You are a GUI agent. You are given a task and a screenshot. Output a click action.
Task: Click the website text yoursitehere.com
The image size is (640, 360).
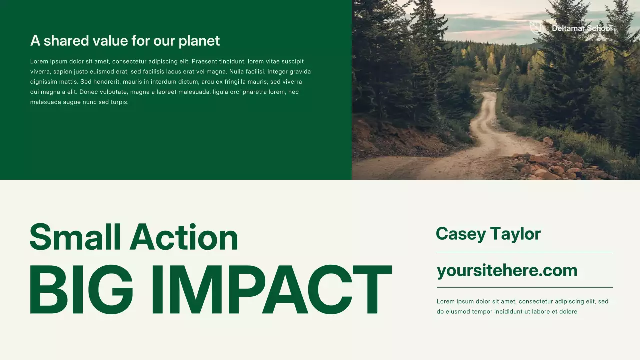tap(507, 271)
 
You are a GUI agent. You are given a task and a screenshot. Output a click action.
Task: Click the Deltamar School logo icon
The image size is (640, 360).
tap(537, 28)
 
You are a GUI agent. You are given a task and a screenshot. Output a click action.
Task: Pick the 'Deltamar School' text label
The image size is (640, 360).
tap(582, 28)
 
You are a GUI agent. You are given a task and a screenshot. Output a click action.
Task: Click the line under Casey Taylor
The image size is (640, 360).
tap(524, 252)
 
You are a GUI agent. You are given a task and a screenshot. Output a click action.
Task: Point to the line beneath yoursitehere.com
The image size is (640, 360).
tap(524, 288)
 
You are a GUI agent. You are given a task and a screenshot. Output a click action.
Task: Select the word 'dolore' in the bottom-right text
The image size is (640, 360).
tap(568, 312)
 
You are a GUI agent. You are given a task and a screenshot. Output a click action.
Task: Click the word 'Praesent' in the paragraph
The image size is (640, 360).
tap(204, 62)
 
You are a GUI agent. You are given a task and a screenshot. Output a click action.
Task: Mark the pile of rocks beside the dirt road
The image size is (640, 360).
tap(555, 165)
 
